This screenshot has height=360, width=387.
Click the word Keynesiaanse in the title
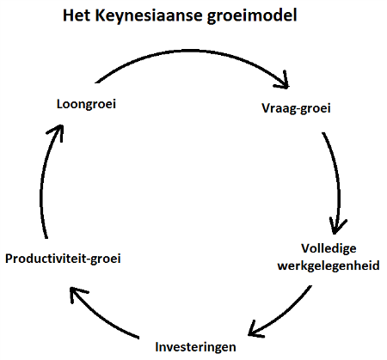pos(149,16)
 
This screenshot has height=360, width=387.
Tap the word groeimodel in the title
pos(252,16)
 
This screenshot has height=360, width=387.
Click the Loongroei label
pos(86,104)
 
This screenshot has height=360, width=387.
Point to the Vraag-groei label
pos(296,108)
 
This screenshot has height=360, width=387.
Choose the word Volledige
pos(329,249)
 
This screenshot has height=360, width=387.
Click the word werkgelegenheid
pos(329,265)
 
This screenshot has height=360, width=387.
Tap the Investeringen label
pos(195,347)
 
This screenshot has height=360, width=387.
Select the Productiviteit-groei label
pos(63,259)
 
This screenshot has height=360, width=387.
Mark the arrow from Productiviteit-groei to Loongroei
pos(41,183)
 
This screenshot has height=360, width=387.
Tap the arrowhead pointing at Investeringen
pos(255,329)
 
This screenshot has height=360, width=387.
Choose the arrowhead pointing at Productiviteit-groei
pos(76,294)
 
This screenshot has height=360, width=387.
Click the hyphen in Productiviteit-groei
pos(89,260)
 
